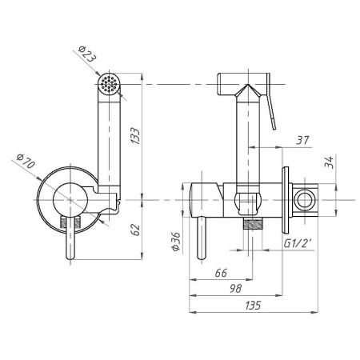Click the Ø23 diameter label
click(x=86, y=54)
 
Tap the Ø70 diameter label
click(x=26, y=161)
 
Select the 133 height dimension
click(x=136, y=136)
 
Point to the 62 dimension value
click(x=136, y=230)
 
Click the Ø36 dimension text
click(x=176, y=242)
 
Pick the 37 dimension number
click(x=302, y=140)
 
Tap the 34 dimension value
click(x=329, y=162)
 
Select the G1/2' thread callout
click(x=298, y=243)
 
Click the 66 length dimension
click(x=221, y=273)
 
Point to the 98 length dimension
click(x=236, y=288)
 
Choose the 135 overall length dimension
click(x=253, y=306)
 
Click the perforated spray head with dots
click(x=109, y=82)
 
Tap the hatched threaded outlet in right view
click(x=253, y=223)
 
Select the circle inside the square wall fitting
click(x=305, y=200)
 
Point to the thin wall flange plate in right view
click(x=286, y=200)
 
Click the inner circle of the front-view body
click(x=70, y=200)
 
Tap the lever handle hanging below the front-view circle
click(x=70, y=238)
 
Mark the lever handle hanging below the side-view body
click(x=202, y=238)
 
